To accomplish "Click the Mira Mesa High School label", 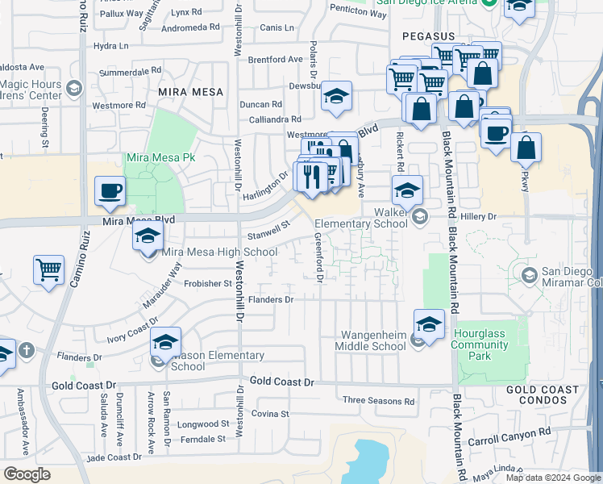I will click(x=219, y=252).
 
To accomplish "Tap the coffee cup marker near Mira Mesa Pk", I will click(x=110, y=191).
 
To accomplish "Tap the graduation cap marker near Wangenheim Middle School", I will click(x=429, y=324).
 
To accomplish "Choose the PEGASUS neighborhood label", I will click(x=430, y=37).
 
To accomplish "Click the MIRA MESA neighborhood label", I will click(x=190, y=92).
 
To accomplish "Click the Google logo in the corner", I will click(x=27, y=474).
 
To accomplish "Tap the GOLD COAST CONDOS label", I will click(x=543, y=395).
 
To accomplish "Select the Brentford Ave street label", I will click(x=275, y=60).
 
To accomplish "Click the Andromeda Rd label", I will click(x=191, y=27).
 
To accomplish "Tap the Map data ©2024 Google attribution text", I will click(x=552, y=478).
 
